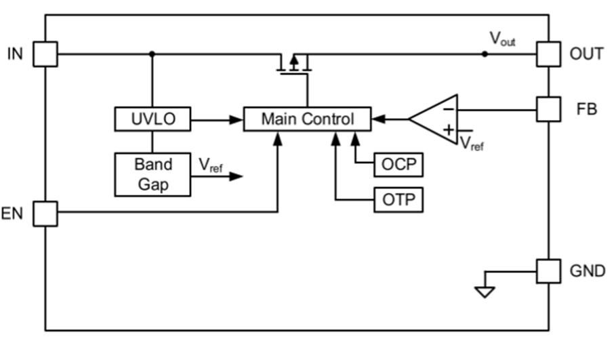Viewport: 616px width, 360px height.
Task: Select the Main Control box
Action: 307,119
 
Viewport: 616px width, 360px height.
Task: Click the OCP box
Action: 398,165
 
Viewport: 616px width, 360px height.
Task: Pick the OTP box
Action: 398,200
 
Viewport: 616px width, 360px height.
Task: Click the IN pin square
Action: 45,54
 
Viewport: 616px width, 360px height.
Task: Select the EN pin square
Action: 45,213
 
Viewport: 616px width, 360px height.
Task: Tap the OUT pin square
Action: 548,54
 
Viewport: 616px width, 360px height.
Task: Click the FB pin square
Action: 548,108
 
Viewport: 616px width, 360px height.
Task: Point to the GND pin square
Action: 548,271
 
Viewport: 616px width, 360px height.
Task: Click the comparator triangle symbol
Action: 434,119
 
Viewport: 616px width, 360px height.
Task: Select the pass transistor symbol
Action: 294,64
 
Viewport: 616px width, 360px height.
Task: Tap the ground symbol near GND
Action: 485,291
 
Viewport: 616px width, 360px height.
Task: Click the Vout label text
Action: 502,39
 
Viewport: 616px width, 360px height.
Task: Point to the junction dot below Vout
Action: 484,54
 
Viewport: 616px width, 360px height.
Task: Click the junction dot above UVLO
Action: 152,54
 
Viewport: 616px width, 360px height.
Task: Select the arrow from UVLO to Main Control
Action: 217,120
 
